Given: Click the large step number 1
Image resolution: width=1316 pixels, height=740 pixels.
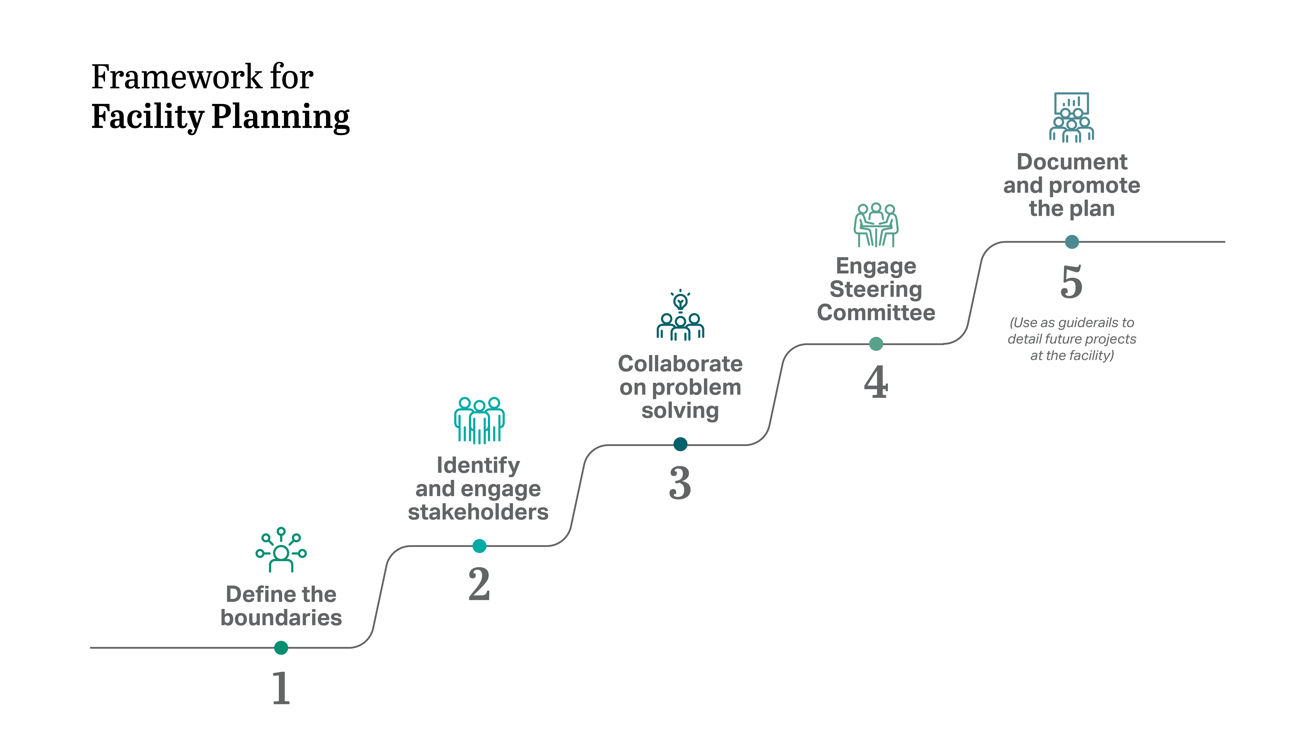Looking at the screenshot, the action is coord(281,688).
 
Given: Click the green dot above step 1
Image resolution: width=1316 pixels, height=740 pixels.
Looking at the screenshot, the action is coord(281,648).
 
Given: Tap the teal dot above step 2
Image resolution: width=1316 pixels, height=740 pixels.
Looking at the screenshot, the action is coord(479,546).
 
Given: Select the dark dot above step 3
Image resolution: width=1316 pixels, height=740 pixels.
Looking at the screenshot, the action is coord(680,444).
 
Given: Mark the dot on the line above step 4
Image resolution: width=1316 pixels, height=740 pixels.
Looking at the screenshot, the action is coord(876,344).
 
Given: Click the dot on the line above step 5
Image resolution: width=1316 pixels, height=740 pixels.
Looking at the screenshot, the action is coord(1072,242).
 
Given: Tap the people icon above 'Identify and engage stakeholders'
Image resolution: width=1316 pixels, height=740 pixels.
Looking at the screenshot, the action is coord(479,420).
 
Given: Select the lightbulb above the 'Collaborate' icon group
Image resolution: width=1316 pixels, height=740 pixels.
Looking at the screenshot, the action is coord(680,300).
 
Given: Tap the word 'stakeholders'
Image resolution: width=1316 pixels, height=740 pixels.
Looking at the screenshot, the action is coord(478,512).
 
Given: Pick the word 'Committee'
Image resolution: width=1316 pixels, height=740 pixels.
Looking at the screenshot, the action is coord(876,313).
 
